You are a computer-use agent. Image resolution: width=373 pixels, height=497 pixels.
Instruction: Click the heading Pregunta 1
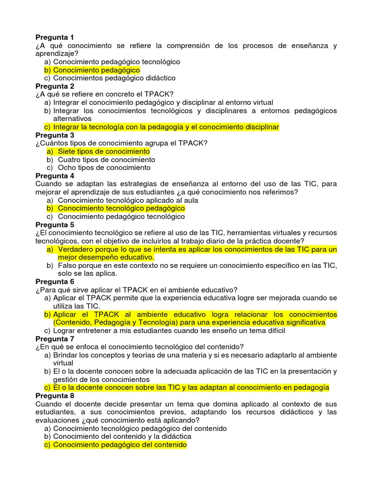[55, 37]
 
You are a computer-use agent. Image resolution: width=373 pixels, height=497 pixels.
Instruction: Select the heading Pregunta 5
[55, 225]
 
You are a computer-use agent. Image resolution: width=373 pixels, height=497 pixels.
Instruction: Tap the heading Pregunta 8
[55, 396]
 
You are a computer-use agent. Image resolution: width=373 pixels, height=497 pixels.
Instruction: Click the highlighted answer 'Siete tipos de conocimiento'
[103, 151]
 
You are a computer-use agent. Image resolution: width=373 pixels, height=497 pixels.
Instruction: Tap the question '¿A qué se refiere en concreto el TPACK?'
[104, 94]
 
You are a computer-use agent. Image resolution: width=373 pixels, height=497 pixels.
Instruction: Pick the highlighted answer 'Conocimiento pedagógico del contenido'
[119, 445]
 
